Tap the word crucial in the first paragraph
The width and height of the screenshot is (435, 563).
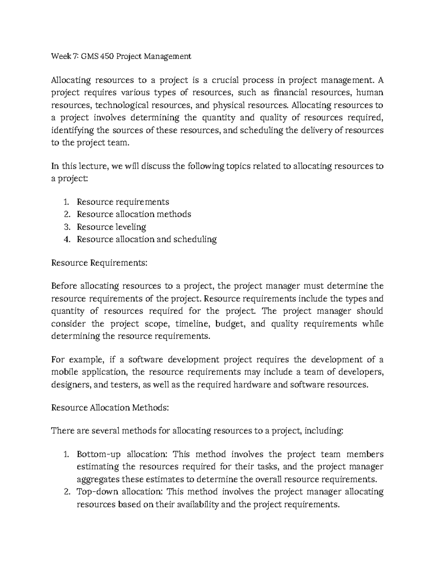click(225, 80)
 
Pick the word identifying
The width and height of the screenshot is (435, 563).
click(72, 130)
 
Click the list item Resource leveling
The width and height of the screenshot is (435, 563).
click(111, 227)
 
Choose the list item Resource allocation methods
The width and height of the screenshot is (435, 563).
click(134, 214)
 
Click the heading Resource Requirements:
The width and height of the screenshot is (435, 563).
click(99, 262)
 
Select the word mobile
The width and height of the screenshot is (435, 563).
click(64, 372)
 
